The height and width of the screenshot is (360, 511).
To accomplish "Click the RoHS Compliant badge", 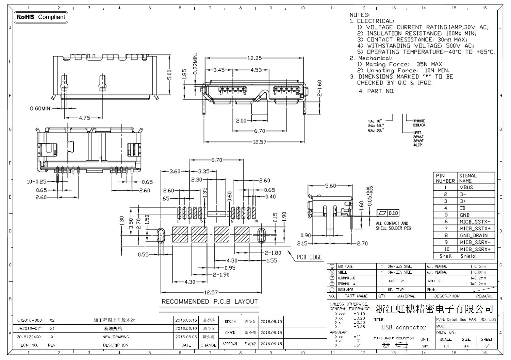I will [x=41, y=17].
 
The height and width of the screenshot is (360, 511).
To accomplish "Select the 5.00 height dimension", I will [x=170, y=75].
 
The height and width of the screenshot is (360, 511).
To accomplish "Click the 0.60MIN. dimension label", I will [x=41, y=108].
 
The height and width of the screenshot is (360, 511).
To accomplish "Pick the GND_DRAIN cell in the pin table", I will [x=474, y=235].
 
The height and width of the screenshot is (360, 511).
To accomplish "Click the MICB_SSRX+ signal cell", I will [x=475, y=249].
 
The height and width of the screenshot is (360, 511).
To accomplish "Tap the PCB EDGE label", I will [x=309, y=257].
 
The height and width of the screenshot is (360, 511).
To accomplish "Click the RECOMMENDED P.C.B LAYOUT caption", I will [x=209, y=302].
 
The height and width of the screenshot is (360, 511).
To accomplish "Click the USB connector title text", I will [x=404, y=327].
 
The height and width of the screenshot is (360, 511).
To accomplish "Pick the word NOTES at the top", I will [x=359, y=15].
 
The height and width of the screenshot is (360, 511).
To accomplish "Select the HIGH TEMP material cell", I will [x=396, y=290].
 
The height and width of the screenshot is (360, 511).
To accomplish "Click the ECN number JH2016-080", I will [x=30, y=320].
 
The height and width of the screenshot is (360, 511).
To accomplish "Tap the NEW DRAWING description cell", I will [x=116, y=337].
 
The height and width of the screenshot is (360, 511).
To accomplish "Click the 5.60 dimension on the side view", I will [x=330, y=186].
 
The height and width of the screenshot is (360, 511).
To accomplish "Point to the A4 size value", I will [x=466, y=346].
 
